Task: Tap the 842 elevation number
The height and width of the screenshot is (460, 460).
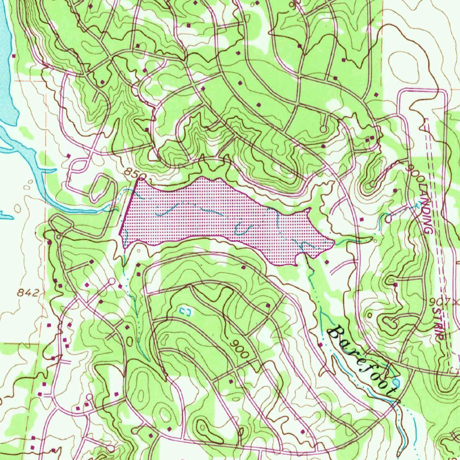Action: coord(28,293)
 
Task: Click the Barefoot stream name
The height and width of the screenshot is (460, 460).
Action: coord(363,361)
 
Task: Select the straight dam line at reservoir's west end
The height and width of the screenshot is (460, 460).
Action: coord(128,207)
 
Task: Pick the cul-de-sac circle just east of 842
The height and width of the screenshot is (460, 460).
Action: coord(111,282)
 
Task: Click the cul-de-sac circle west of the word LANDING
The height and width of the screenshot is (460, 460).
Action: coord(388,219)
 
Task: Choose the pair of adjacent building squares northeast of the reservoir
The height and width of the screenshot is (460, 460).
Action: coord(369,140)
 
